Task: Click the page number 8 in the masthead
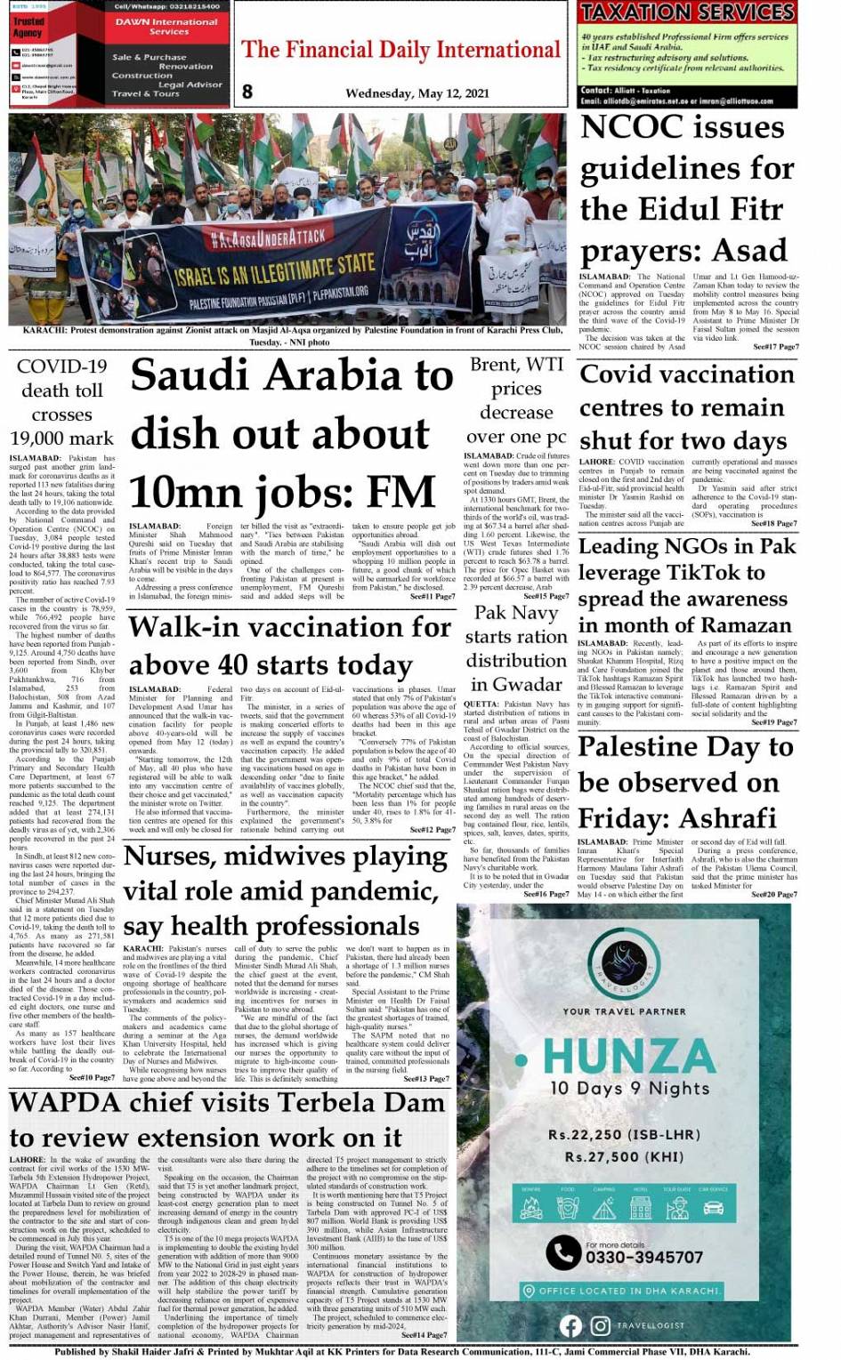pos(247,91)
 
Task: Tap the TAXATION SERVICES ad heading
pos(687,12)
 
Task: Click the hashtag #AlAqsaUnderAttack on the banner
pos(268,237)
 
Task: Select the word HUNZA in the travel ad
pos(629,1057)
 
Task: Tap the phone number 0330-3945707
pos(643,1257)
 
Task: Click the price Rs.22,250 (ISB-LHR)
pos(624,1135)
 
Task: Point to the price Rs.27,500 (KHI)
pos(623,1156)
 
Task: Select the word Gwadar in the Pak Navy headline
pos(528,684)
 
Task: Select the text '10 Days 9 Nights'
pos(629,1088)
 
